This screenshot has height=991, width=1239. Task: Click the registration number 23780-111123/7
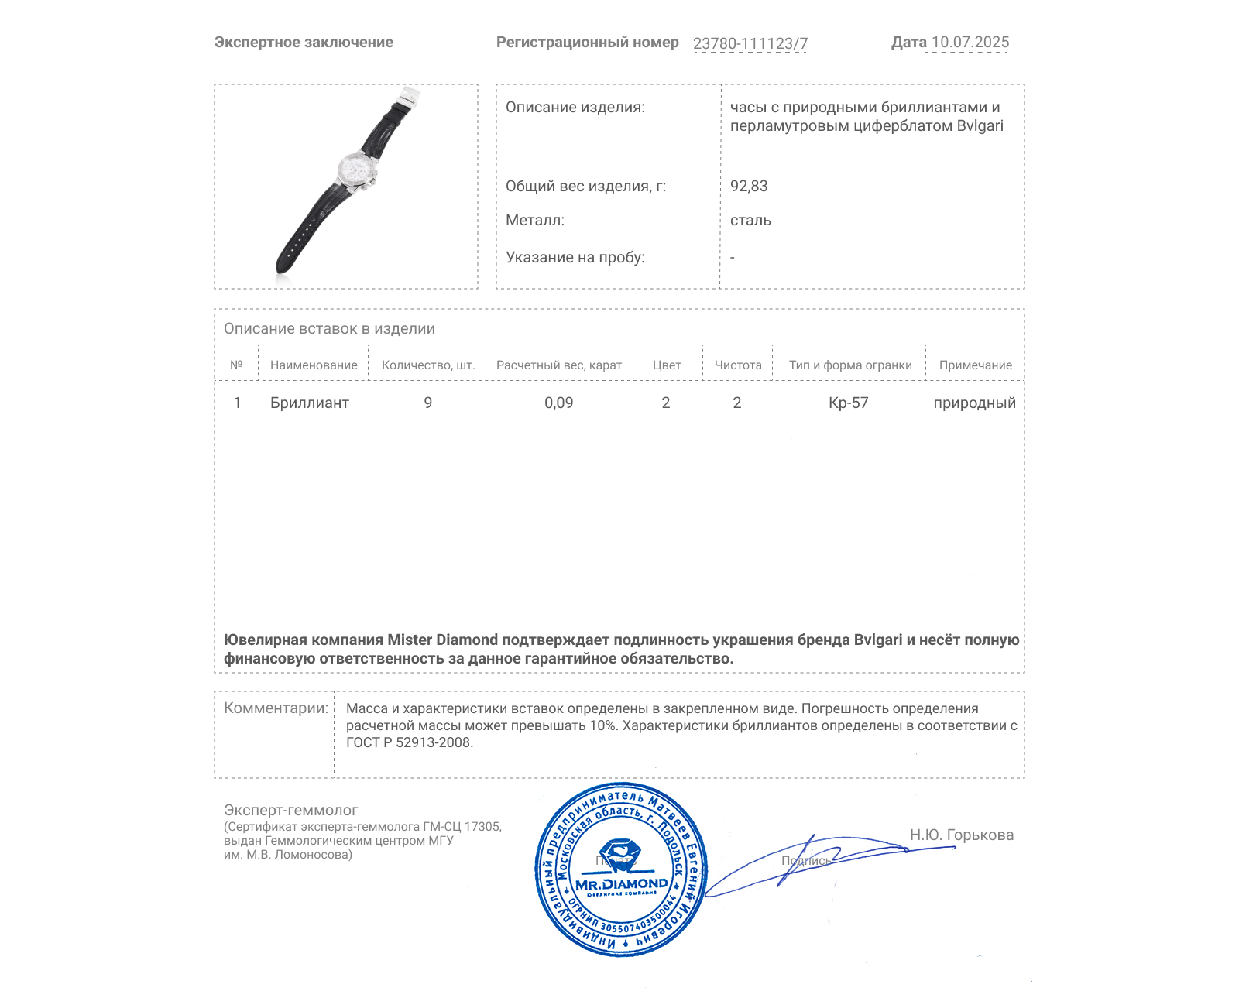[x=750, y=43]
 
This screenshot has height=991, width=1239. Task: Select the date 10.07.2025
[x=970, y=43]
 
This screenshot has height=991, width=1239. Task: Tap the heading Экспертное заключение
[x=304, y=43]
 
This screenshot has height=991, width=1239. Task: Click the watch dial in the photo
[x=357, y=169]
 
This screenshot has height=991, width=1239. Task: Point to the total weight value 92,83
[x=749, y=186]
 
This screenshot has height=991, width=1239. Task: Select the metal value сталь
[x=750, y=220]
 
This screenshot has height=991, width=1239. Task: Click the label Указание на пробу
[x=575, y=257]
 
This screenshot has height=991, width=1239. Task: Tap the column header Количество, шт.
[x=428, y=365]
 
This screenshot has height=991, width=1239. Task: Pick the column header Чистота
[x=738, y=365]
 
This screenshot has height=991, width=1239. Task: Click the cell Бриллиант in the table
[x=309, y=403]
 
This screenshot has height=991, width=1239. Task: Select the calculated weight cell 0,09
[x=558, y=403]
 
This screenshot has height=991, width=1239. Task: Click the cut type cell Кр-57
[x=848, y=403]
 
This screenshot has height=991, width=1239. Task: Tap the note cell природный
[x=974, y=403]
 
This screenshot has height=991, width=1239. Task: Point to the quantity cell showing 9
[x=428, y=403]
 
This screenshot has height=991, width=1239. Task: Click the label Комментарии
[x=276, y=708]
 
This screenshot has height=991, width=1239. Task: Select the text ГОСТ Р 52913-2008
[x=409, y=742]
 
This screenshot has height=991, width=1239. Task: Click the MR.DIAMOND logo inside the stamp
[x=621, y=883]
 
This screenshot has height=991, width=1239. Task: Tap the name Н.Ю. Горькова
[x=961, y=835]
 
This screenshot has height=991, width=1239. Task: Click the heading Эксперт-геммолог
[x=290, y=810]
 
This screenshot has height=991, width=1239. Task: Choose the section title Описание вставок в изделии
[x=329, y=328]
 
